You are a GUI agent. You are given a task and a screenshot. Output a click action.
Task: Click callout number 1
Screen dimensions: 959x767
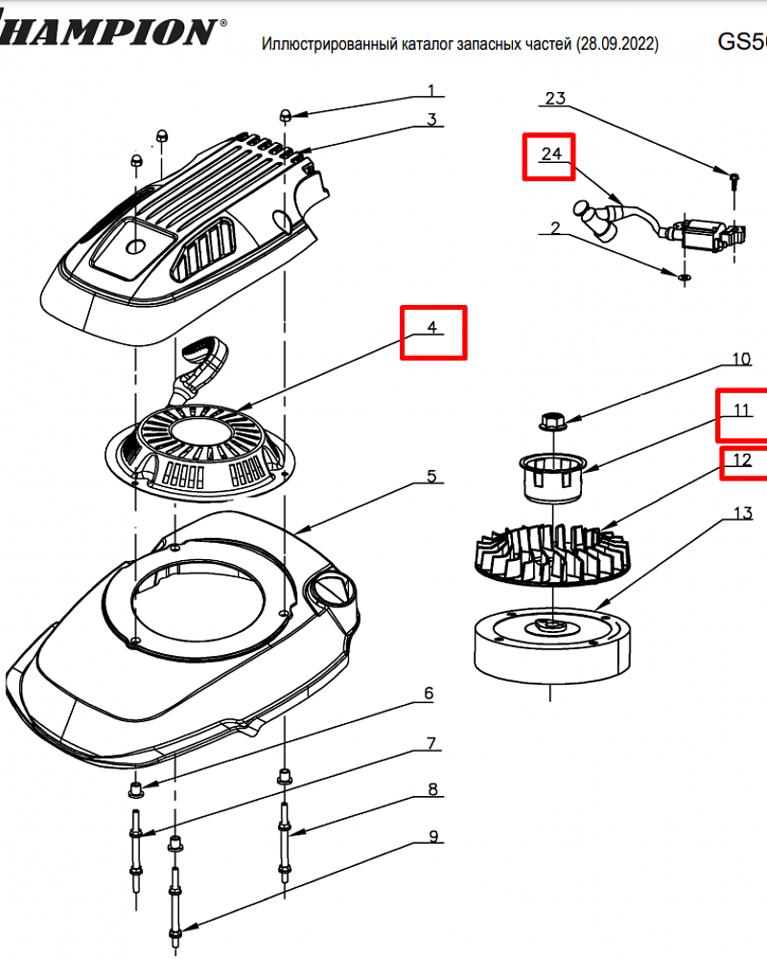coord(431,91)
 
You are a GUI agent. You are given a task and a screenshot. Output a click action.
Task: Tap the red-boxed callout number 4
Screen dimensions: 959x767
coord(432,328)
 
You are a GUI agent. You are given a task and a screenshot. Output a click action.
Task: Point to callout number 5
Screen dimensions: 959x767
coord(432,476)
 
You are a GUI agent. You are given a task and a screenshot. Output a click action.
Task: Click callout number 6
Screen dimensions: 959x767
coord(429,693)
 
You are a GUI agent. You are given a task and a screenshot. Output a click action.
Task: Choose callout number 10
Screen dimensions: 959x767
coord(741,360)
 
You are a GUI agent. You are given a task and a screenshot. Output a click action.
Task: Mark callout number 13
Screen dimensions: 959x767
coord(743,513)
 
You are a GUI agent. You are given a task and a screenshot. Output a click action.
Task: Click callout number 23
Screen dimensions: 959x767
coord(556,98)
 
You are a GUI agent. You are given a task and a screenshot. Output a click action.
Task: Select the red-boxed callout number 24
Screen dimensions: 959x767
coord(549,154)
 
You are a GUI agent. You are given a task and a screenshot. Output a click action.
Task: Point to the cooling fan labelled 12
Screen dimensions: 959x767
coord(556,551)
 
